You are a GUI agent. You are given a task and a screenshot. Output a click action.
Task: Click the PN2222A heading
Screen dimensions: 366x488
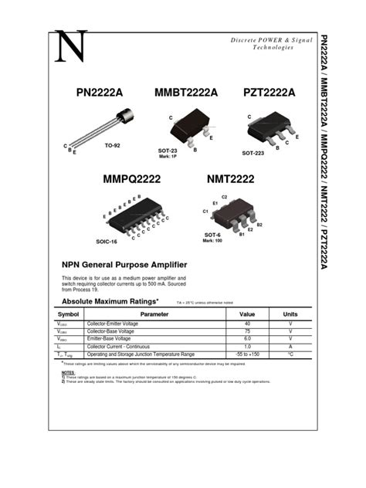tap(100, 93)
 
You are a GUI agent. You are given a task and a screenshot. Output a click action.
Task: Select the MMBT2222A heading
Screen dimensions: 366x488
tap(186, 93)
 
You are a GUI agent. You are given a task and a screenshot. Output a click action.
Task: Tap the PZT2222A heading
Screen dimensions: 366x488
tap(269, 93)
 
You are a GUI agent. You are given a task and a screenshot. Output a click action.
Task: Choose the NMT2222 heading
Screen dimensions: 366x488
tap(230, 179)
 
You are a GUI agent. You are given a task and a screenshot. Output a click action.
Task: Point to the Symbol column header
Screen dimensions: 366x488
tap(68, 315)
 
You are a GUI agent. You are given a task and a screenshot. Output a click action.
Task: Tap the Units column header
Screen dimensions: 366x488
tap(290, 315)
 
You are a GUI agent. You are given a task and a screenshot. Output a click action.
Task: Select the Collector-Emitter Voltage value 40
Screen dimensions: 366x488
tap(247, 324)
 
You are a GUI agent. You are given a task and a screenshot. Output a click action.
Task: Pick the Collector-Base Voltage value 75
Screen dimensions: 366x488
tap(247, 331)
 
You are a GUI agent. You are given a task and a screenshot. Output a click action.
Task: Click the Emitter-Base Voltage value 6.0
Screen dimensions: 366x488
tap(247, 339)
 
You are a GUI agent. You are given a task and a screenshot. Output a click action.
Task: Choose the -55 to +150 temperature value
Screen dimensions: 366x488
tap(247, 354)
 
